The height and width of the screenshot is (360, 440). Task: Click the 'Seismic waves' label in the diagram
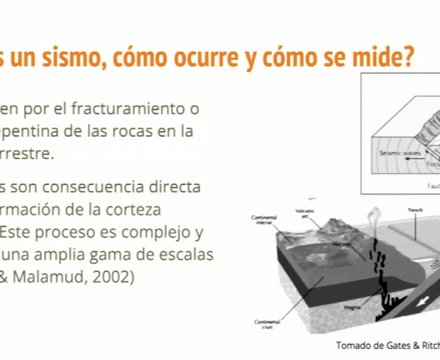tap(392, 149)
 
